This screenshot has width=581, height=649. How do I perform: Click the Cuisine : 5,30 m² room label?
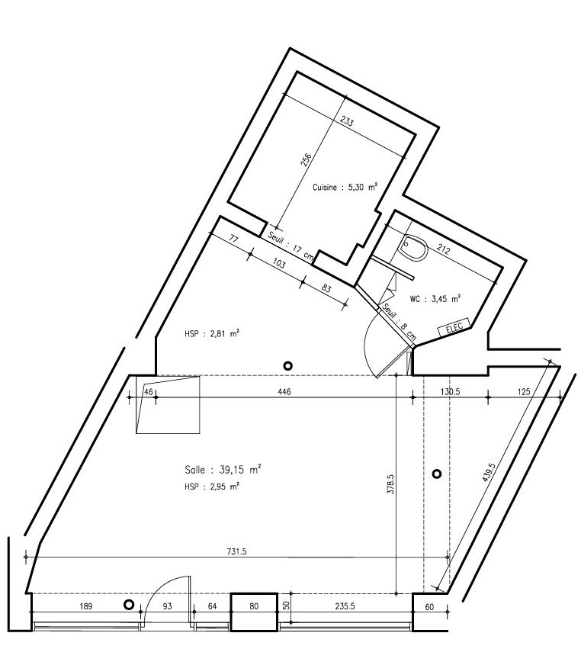point(345,187)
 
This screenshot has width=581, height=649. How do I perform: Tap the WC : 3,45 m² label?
point(435,298)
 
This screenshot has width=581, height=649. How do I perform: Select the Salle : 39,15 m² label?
point(223,469)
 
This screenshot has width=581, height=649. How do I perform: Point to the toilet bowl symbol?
point(414,247)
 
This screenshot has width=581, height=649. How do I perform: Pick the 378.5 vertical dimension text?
point(390,484)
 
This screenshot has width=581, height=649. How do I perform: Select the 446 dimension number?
point(284,391)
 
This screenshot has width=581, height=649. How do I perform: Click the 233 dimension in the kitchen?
point(347,122)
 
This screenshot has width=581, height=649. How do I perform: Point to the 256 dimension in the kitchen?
point(306,160)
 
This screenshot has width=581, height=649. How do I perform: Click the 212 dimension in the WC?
point(443,249)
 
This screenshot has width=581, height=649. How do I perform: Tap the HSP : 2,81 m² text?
point(212,333)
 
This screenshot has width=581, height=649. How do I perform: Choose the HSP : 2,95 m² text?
point(212,487)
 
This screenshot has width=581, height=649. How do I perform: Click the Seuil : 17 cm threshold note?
point(290,246)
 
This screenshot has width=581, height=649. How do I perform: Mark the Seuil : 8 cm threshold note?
point(399,322)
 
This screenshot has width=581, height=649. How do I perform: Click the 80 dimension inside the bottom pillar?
point(254,606)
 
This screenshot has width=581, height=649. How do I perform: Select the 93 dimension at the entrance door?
point(167,606)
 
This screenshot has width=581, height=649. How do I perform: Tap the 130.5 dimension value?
point(450,391)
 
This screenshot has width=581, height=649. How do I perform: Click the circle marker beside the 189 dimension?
point(129,605)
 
